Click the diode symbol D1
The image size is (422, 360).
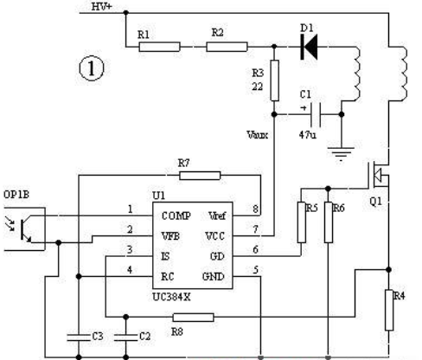pyautogui.click(x=309, y=47)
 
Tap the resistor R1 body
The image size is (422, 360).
pyautogui.click(x=160, y=47)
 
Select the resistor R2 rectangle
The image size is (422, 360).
pyautogui.click(x=227, y=47)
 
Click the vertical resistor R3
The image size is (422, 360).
pyautogui.click(x=275, y=80)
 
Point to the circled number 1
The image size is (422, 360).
pyautogui.click(x=92, y=68)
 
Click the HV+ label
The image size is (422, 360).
pyautogui.click(x=101, y=6)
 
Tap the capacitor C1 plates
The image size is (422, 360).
pyautogui.click(x=316, y=114)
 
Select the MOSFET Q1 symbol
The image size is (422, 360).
pyautogui.click(x=378, y=174)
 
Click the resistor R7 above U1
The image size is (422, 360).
pyautogui.click(x=200, y=176)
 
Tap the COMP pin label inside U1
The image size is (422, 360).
pyautogui.click(x=176, y=215)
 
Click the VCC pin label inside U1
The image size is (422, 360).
pyautogui.click(x=214, y=236)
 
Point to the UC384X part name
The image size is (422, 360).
pyautogui.click(x=171, y=297)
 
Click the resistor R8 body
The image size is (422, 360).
pyautogui.click(x=193, y=318)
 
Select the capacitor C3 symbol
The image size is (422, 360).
pyautogui.click(x=79, y=337)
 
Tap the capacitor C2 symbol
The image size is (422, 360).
pyautogui.click(x=126, y=337)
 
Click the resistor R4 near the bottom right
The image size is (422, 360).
pyautogui.click(x=389, y=310)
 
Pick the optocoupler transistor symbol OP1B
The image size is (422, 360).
pyautogui.click(x=25, y=228)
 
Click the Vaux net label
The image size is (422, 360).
pyautogui.click(x=258, y=135)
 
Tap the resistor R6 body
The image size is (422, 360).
pyautogui.click(x=329, y=222)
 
